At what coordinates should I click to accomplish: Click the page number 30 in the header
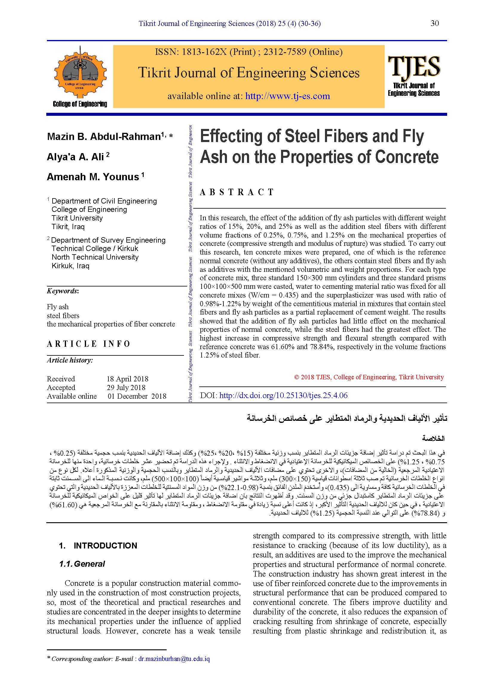435,23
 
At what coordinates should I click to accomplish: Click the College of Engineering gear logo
80,73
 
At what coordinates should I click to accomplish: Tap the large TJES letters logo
414,66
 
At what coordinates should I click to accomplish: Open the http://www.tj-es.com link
287,96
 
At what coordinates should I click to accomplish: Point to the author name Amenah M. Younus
93,177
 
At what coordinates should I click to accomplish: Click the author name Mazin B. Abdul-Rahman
103,136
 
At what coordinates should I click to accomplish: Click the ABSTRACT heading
237,192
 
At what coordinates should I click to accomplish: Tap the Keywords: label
63,291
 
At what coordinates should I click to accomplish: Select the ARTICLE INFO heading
88,344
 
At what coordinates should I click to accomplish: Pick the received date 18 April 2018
128,379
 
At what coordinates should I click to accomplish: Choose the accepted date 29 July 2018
126,387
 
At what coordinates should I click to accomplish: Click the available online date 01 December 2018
137,396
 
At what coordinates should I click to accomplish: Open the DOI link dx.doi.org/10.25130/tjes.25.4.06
283,395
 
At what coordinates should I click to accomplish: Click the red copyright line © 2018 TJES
369,377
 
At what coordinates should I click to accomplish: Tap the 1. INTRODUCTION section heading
98,546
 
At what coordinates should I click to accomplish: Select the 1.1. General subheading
82,564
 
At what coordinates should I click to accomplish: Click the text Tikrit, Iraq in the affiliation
68,226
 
